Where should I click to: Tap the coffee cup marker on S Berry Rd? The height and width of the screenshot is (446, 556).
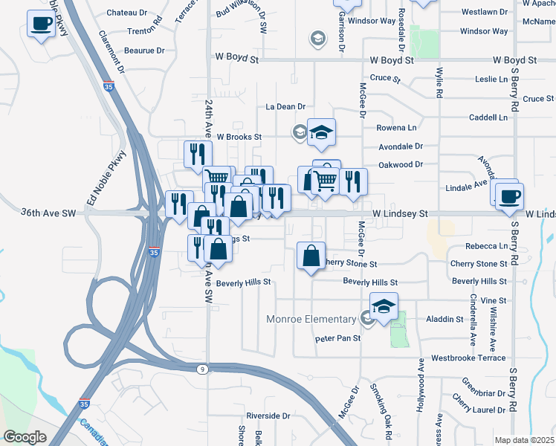510,197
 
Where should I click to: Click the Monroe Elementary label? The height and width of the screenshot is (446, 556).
311,320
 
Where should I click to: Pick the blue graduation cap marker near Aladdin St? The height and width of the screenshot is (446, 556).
384,306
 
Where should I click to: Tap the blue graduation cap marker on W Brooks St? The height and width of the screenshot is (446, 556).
321,133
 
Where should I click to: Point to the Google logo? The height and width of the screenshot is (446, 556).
25,437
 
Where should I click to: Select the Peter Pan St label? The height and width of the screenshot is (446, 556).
337,338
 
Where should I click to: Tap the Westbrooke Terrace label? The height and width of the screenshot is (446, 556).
468,358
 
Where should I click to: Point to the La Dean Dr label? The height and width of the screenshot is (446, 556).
286,107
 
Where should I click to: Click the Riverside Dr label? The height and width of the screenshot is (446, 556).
268,416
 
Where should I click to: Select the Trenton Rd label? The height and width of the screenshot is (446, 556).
145,30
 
